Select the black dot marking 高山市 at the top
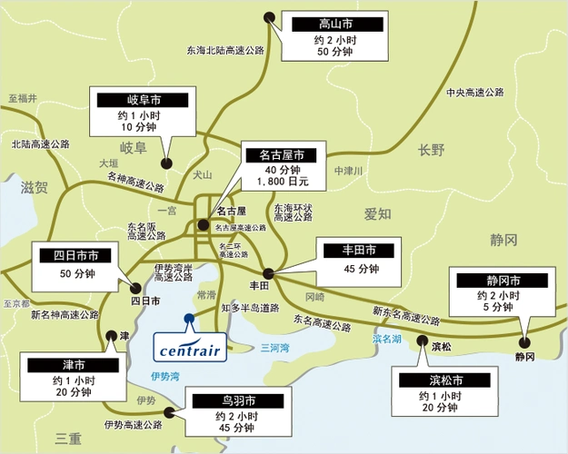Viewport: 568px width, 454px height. (x=268, y=16)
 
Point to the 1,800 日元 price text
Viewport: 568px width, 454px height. (x=284, y=183)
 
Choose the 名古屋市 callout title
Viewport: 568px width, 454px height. (x=284, y=154)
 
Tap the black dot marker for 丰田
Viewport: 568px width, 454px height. (x=268, y=272)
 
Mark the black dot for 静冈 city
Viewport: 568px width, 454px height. (x=523, y=342)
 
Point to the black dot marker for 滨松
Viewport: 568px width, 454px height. (x=422, y=341)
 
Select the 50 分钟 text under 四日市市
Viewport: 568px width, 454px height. (x=76, y=273)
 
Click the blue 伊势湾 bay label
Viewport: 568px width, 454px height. (x=166, y=375)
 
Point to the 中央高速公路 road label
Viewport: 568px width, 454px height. (x=474, y=93)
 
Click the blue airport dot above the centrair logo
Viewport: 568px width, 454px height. (x=188, y=318)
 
